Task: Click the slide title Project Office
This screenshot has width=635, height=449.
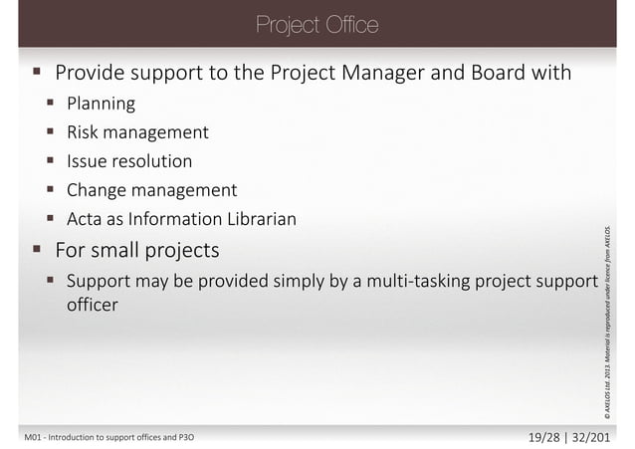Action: pyautogui.click(x=317, y=24)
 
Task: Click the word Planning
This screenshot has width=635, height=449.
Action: pyautogui.click(x=101, y=103)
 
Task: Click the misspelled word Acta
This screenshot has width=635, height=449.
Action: pyautogui.click(x=86, y=218)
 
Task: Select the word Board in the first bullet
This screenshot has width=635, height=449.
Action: pyautogui.click(x=485, y=73)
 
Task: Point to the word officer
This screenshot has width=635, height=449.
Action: pyautogui.click(x=92, y=305)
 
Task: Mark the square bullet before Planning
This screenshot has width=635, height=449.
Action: pyautogui.click(x=48, y=103)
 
